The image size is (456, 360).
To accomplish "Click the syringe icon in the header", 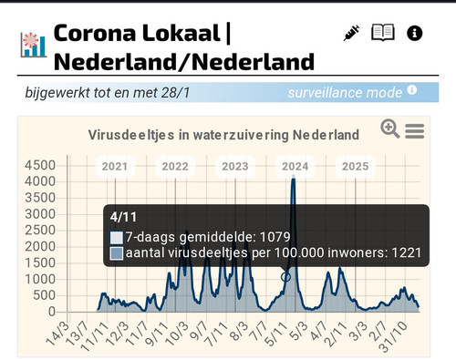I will [x=351, y=34].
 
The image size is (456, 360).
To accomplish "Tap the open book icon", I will [x=383, y=34].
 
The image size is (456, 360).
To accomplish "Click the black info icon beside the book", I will [x=415, y=34].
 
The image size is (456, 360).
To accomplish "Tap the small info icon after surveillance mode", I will [x=412, y=90].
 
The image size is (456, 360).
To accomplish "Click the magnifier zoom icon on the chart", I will [x=390, y=129].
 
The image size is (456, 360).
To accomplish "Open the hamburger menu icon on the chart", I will [x=415, y=131].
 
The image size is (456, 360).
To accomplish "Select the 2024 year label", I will [x=295, y=167].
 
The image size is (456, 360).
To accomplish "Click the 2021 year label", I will [x=115, y=167].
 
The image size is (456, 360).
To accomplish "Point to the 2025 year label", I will [x=355, y=167].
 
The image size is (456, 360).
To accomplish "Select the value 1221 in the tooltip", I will [x=403, y=254].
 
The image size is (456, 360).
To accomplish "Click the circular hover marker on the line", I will [x=285, y=276].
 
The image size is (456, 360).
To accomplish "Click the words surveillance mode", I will [x=345, y=92].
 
